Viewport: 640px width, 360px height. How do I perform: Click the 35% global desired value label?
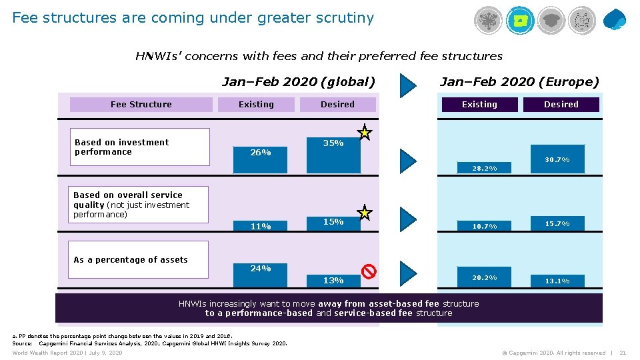click(333, 143)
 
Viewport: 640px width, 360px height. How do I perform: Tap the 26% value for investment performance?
click(261, 153)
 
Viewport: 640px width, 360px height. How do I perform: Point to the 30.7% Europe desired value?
click(557, 160)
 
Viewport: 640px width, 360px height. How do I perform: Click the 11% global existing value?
click(261, 227)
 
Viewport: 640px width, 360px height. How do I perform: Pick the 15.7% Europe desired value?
click(557, 224)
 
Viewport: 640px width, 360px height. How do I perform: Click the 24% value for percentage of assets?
click(261, 269)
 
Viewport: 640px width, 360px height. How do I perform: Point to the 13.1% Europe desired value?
click(557, 281)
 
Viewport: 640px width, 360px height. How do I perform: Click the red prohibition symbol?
click(369, 271)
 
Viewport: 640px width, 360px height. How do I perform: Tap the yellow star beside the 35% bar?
click(365, 133)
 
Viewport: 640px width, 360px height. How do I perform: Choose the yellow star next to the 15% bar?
click(365, 213)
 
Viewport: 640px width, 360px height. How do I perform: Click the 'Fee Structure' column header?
click(141, 105)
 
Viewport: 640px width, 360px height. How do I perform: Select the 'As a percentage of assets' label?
click(131, 260)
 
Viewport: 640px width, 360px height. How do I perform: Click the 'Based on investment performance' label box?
click(141, 147)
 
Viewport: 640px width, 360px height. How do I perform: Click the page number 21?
click(623, 353)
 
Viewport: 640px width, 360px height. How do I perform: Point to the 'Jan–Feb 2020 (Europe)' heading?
click(519, 82)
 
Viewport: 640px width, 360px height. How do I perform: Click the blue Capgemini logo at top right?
click(614, 20)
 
